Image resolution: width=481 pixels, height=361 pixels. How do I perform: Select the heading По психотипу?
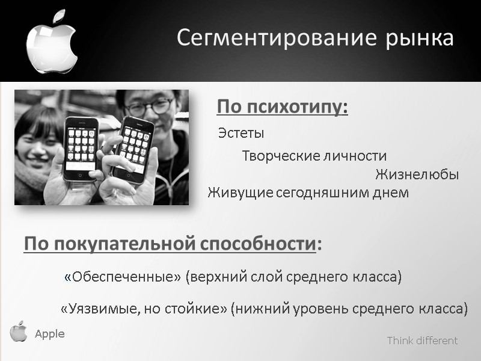click(x=283, y=108)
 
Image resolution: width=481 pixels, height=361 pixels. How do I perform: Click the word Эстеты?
click(x=241, y=133)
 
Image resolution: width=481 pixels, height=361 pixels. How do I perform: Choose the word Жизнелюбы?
click(x=417, y=175)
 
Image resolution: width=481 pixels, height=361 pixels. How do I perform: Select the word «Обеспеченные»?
click(x=122, y=277)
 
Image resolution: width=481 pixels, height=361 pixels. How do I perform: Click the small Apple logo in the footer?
click(x=19, y=332)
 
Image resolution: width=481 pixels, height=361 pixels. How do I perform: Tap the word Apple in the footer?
click(x=49, y=334)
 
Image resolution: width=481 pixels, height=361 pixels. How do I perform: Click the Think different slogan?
click(x=422, y=341)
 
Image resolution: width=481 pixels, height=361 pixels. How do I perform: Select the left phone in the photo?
click(x=81, y=148)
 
